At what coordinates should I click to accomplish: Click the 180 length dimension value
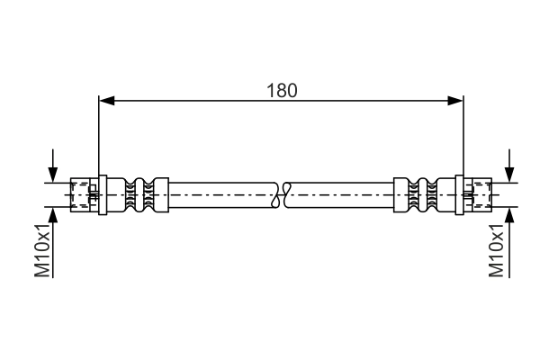point(282,90)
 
